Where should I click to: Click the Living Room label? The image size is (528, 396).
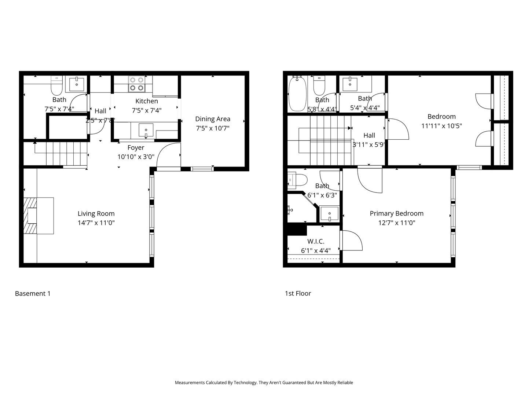96,213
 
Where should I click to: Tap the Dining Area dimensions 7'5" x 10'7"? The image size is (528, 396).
213,128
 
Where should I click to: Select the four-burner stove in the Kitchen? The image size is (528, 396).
136,84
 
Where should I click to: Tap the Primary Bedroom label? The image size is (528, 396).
396,213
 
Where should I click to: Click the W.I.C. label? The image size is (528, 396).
316,241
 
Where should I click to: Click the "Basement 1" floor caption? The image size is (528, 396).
33,293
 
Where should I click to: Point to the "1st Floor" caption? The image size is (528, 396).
298,293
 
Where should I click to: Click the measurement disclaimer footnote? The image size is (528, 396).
264,382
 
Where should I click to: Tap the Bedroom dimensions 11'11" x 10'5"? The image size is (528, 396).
441,126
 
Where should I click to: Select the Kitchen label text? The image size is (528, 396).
147,101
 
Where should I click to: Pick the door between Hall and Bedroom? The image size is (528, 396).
397,129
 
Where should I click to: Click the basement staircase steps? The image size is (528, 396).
66,154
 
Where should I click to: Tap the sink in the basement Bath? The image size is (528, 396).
76,84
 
